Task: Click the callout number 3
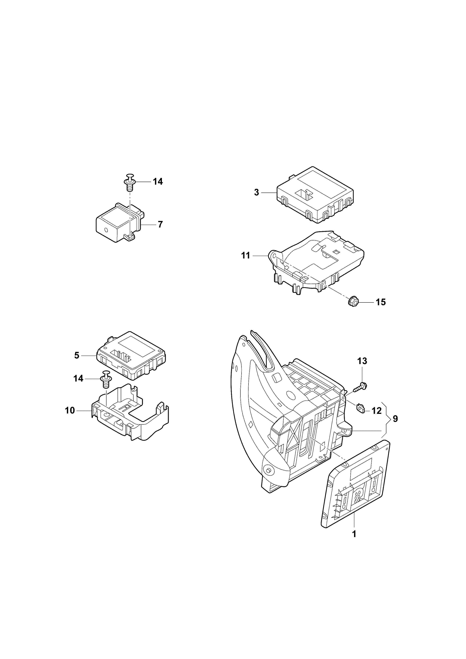click(257, 192)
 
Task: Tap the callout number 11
click(246, 255)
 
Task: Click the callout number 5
click(77, 355)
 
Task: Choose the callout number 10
click(70, 410)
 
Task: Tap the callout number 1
click(354, 534)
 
